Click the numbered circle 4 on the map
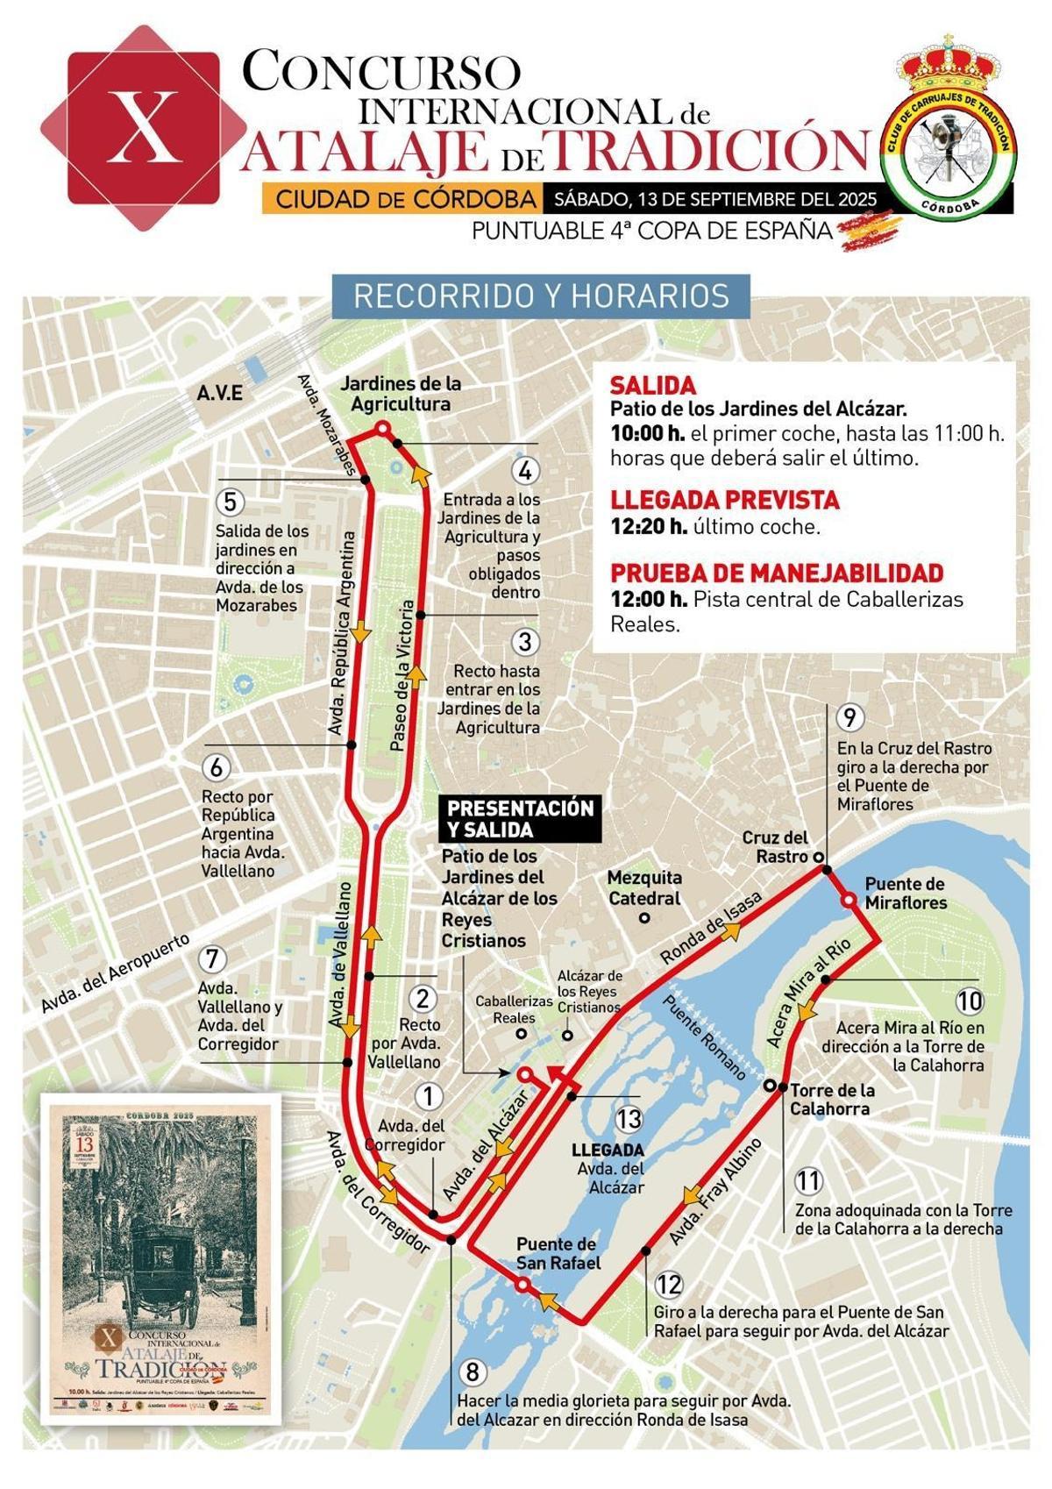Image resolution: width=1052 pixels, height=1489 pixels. tap(524, 471)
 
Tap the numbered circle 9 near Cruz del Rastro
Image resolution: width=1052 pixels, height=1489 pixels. tap(849, 718)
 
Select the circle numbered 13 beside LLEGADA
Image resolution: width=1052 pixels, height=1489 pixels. tap(629, 1119)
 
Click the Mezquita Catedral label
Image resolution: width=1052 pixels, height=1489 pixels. tap(644, 887)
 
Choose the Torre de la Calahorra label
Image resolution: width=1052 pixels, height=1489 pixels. tap(832, 1100)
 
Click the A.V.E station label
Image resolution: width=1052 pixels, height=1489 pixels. tap(219, 393)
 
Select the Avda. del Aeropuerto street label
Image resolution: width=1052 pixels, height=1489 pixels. tap(115, 974)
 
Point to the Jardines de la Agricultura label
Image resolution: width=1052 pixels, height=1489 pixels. tap(401, 394)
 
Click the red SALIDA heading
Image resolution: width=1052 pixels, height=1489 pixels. tap(652, 385)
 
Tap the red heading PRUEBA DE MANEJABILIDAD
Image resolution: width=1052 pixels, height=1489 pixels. tap(776, 573)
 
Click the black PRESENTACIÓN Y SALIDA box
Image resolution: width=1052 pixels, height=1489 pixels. tap(521, 818)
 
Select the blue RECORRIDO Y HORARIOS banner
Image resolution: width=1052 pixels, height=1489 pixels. tap(541, 296)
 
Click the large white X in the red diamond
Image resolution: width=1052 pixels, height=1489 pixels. tap(145, 128)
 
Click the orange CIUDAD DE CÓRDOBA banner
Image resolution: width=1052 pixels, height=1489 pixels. tap(404, 199)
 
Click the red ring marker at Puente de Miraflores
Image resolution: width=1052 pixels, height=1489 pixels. tap(848, 901)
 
